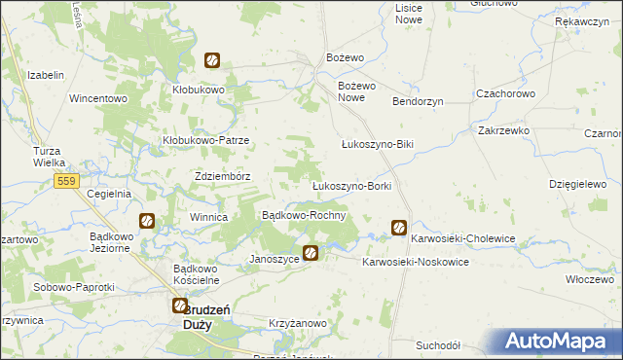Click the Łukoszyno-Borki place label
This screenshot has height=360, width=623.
coord(351,185)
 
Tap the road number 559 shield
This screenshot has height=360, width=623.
coord(66,182)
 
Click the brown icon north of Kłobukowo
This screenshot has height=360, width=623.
coord(210,60)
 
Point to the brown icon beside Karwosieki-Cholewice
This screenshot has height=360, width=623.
coord(399,228)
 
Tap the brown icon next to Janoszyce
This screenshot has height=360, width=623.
coord(311,254)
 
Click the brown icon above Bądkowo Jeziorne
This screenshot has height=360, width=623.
coord(146,221)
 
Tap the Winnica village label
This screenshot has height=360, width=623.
coord(208,217)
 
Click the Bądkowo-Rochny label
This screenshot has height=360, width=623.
coord(305,214)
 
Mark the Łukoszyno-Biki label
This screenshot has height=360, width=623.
coord(378,144)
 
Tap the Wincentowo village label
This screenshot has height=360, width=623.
coord(98,98)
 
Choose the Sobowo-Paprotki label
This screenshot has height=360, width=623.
coord(74,287)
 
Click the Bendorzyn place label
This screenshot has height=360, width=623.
coord(418,101)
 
